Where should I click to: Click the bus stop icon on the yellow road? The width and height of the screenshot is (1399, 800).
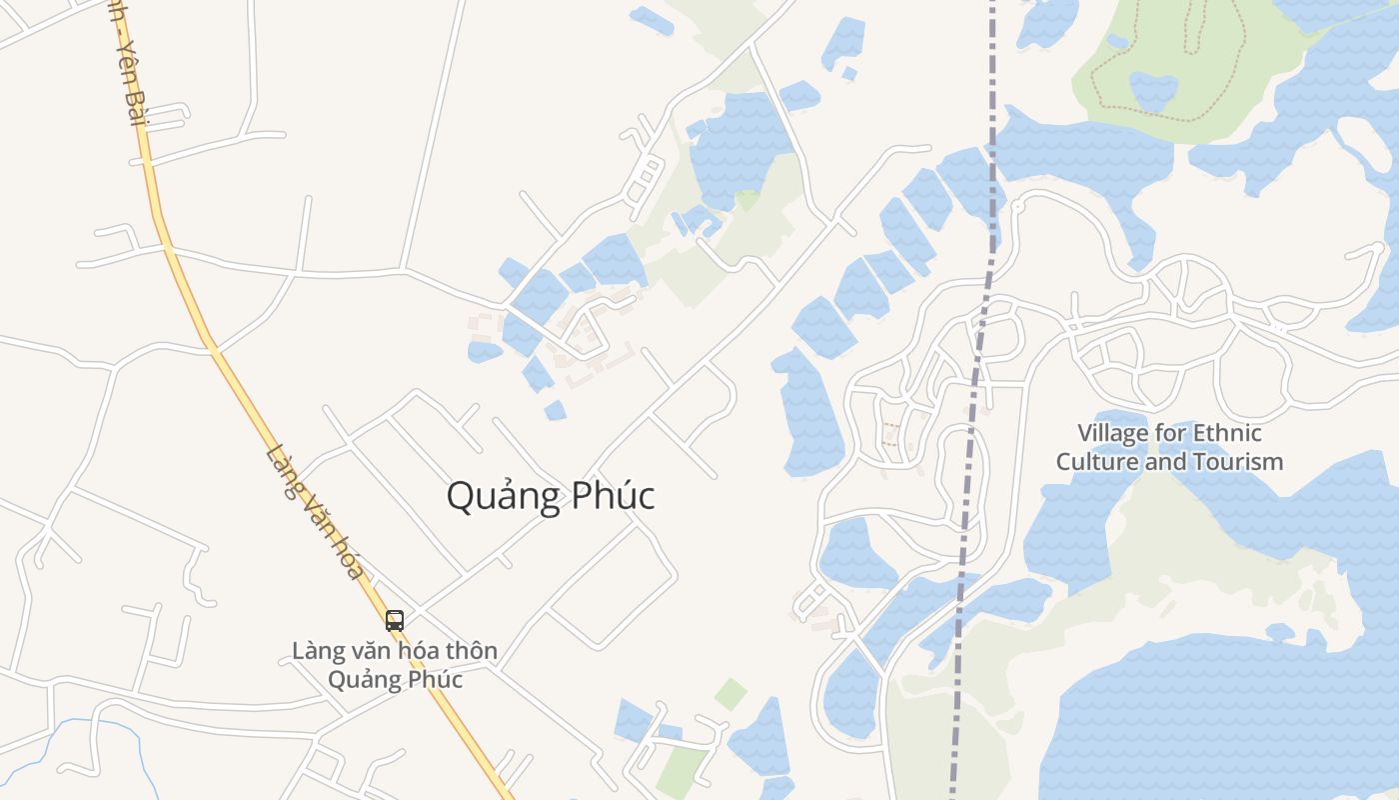[x=395, y=620]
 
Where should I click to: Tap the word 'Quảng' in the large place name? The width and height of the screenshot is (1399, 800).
[x=499, y=497]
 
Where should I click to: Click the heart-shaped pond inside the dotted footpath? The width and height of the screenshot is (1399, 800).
[x=1153, y=89]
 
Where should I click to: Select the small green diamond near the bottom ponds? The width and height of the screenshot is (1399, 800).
[x=730, y=694]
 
